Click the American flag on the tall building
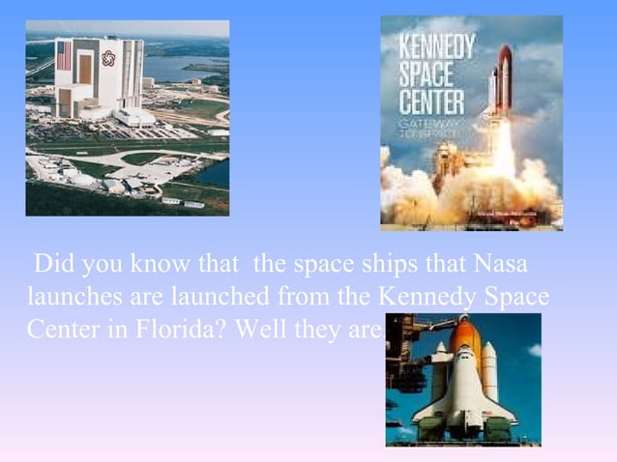click(x=64, y=55)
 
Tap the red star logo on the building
click(x=108, y=58)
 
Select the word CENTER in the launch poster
click(x=432, y=101)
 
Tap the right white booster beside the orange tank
click(x=489, y=372)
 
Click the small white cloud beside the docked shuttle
click(x=533, y=350)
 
